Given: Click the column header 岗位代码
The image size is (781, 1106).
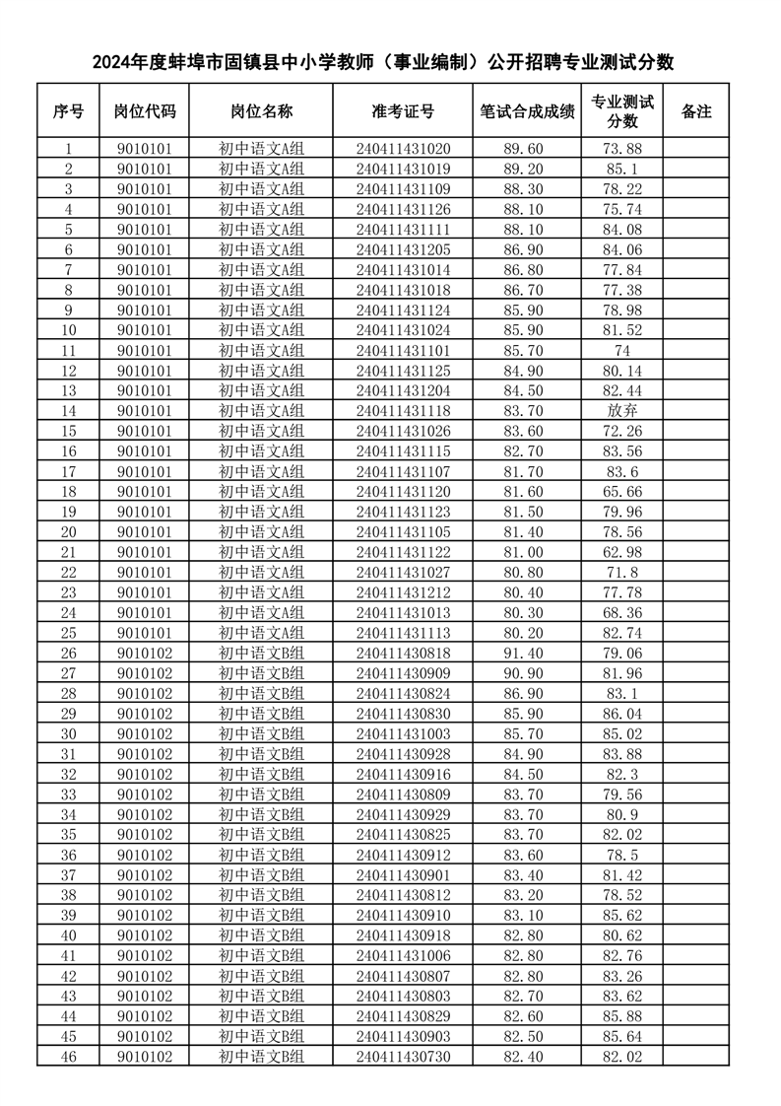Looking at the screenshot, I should tap(144, 110).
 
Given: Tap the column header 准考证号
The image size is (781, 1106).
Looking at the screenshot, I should tap(403, 110).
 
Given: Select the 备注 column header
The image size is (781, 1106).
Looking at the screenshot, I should tap(695, 110).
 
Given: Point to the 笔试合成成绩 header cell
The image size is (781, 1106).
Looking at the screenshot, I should tap(527, 110).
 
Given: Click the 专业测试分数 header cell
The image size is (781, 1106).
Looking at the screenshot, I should tap(621, 110).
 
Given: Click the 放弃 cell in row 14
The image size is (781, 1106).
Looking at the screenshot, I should tap(621, 410).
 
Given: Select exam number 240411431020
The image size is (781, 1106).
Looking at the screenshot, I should tap(403, 148).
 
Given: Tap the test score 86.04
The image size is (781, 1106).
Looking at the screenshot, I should tap(621, 713).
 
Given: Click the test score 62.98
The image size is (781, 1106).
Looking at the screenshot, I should tap(621, 551).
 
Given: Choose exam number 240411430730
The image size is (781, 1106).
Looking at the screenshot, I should tap(403, 1057).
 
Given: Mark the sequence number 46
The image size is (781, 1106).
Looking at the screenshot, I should tap(69, 1057).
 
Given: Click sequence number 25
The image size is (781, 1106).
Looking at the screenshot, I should tap(69, 632).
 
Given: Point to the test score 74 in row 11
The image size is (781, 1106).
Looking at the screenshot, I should tap(621, 350).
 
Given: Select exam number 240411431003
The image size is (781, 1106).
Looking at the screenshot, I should tap(403, 733).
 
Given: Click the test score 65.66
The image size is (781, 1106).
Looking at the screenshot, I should tap(621, 491).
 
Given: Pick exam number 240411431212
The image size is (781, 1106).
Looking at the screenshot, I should tap(403, 591).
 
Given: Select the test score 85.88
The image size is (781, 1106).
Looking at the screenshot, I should tap(621, 1016).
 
